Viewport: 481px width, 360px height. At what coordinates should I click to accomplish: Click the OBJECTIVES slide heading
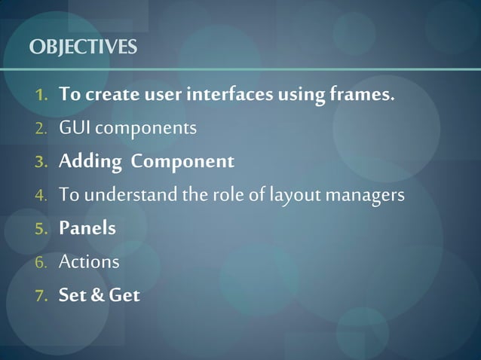coord(83,47)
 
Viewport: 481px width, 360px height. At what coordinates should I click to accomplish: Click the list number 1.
coord(41,96)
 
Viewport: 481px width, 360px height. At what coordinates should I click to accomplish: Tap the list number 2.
coord(41,129)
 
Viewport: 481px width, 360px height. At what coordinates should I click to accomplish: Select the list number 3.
coord(41,162)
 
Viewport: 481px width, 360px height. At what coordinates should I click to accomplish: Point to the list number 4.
coord(41,195)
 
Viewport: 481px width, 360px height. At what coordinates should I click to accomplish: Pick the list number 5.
coord(41,228)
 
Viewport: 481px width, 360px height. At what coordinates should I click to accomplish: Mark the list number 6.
coord(41,262)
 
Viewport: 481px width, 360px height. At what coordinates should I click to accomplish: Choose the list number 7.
coord(41,295)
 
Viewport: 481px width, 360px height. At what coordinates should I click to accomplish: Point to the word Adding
coord(90,162)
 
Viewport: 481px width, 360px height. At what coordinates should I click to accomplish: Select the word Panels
coord(87,228)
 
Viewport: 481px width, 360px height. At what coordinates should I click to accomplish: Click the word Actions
coord(89,262)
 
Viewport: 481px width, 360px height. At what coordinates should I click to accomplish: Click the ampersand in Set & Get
coord(100,295)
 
